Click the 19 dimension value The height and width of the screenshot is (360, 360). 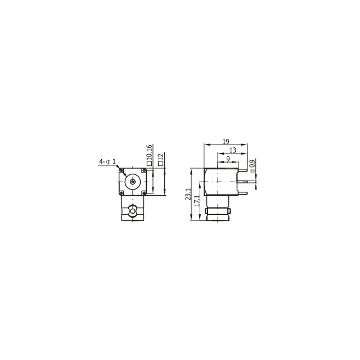[x=226, y=141]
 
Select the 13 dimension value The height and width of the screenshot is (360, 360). [x=232, y=150]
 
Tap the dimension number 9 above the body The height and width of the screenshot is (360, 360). [x=228, y=159]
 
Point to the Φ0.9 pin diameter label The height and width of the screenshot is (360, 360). [x=253, y=166]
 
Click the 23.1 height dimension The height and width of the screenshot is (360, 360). [x=188, y=194]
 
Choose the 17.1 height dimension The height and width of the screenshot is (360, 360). [x=197, y=201]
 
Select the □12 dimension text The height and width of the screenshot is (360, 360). [x=161, y=160]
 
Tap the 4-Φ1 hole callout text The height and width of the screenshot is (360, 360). [x=107, y=161]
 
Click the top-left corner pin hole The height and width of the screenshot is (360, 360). [x=121, y=170]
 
